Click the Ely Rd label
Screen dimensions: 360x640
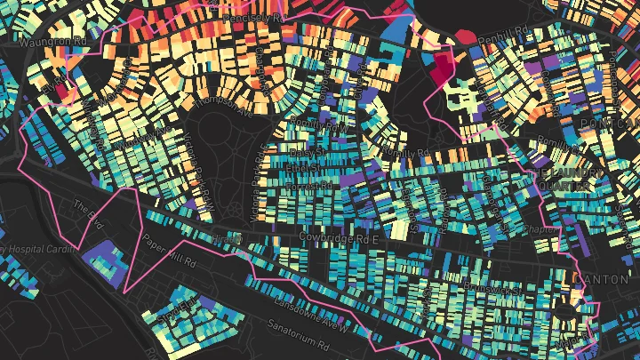point(56,85)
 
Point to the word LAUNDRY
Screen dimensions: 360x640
point(557,174)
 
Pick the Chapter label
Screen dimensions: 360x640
point(540,228)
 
